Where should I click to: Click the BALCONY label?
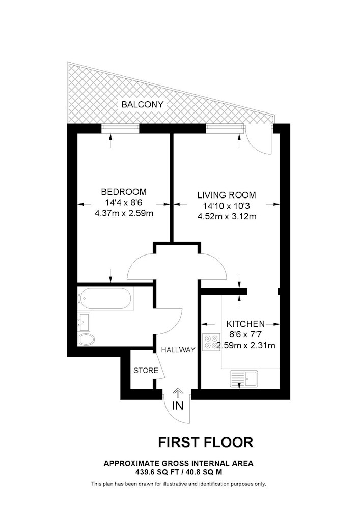click(142, 104)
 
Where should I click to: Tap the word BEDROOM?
click(124, 192)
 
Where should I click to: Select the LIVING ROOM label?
click(227, 195)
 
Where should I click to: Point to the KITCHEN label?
click(245, 324)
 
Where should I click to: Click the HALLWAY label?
click(178, 350)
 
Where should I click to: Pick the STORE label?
click(146, 371)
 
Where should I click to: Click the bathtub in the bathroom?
click(105, 298)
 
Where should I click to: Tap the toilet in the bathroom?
click(86, 339)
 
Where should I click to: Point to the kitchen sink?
click(243, 379)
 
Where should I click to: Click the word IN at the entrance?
click(178, 406)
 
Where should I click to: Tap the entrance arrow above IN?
click(178, 393)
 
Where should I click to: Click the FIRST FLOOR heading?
click(206, 442)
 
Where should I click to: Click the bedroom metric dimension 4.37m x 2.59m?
click(124, 214)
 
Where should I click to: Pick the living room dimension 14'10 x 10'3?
click(227, 206)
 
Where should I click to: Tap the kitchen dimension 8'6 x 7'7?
click(245, 334)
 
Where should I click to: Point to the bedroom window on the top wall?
click(121, 129)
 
